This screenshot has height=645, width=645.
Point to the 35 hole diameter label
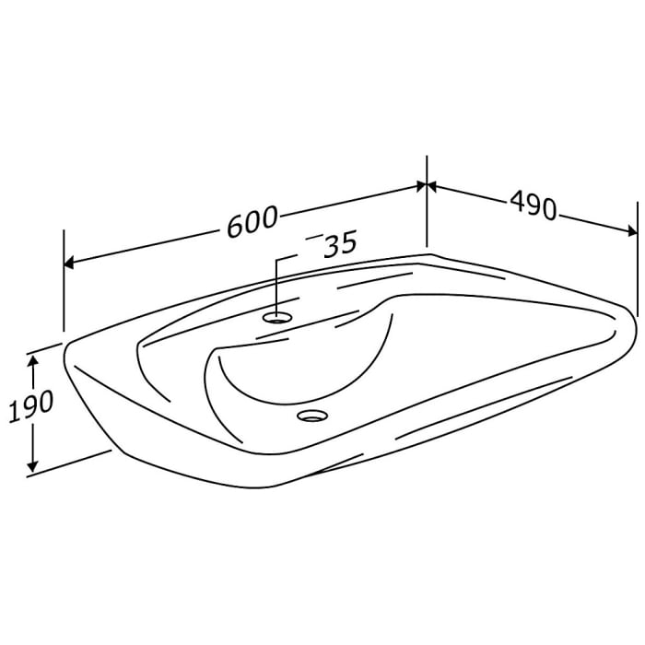(338, 245)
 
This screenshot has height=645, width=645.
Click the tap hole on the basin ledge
(277, 317)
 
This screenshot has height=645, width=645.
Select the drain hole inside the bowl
(311, 416)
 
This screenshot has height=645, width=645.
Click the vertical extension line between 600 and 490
(427, 203)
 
